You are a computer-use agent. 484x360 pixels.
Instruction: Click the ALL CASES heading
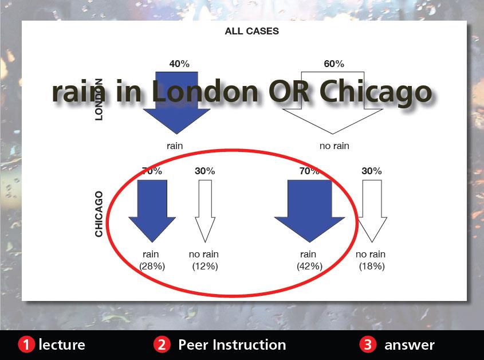[251, 31]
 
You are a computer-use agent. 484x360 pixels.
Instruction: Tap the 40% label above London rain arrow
[179, 64]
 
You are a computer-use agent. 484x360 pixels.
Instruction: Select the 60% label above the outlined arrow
[334, 64]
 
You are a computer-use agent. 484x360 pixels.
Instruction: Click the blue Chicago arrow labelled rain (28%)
[152, 211]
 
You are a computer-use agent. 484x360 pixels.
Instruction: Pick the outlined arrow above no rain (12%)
[205, 211]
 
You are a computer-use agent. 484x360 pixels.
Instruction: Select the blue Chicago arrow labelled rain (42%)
[310, 211]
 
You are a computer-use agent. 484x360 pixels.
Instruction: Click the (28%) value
[152, 266]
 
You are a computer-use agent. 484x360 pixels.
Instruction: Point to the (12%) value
[205, 266]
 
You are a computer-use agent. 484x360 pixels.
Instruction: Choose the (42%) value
[310, 266]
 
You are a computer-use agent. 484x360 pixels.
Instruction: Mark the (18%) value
[372, 266]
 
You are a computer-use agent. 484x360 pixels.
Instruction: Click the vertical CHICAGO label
[99, 214]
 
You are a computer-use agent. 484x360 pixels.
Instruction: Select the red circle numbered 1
[26, 345]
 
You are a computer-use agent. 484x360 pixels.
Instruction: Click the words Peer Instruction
[232, 345]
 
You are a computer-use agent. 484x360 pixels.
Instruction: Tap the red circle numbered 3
[368, 345]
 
